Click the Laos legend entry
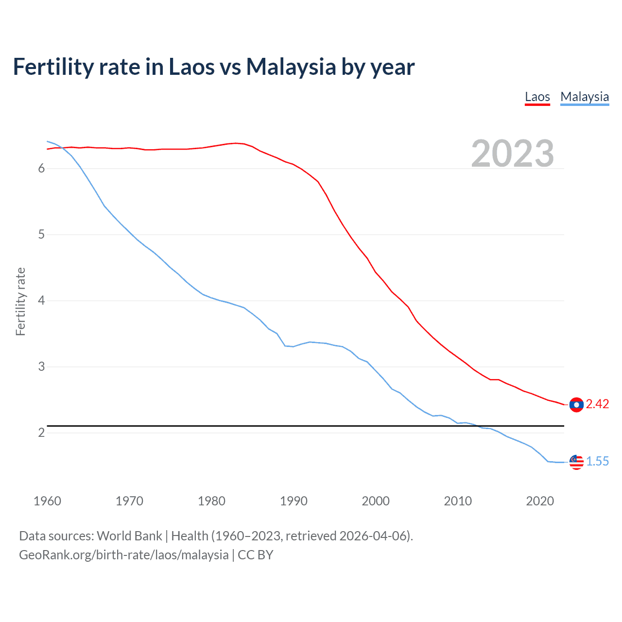[537, 97]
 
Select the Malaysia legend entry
[584, 97]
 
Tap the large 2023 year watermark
[512, 154]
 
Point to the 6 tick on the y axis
[41, 169]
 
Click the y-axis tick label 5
[41, 235]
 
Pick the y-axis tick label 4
[41, 301]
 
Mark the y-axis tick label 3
[41, 367]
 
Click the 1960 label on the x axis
[47, 501]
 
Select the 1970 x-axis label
[129, 501]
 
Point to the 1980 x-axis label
[211, 501]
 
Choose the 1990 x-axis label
[294, 501]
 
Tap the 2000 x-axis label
[376, 501]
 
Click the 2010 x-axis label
[458, 501]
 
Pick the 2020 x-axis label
[540, 501]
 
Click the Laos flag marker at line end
[576, 404]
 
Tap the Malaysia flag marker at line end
[576, 462]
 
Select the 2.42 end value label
[597, 404]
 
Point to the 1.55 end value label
[597, 462]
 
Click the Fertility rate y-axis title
[20, 301]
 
